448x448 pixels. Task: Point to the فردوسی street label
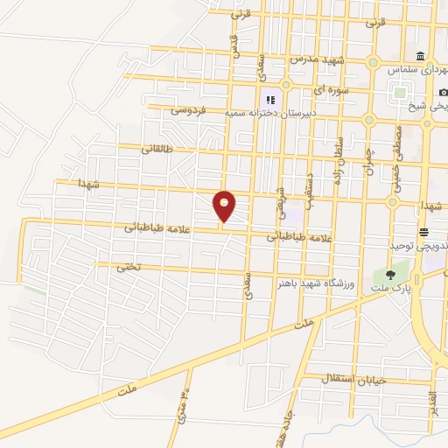[188, 110]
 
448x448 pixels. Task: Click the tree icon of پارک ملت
[390, 275]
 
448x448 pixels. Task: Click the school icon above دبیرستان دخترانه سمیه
[270, 100]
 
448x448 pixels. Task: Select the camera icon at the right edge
[443, 93]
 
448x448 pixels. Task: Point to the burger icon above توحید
[423, 231]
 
